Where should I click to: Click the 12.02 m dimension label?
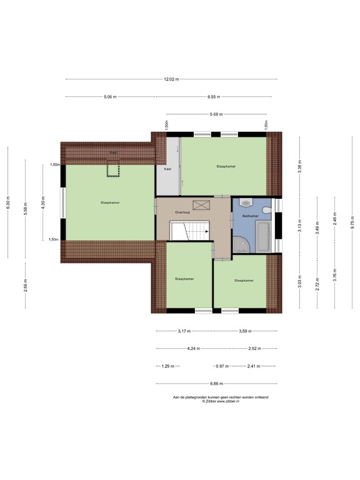tap(171, 79)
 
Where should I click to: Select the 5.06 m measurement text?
tap(109, 97)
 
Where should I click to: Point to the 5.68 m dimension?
tap(217, 114)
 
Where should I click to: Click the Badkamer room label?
tap(251, 216)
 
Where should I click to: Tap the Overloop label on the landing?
tap(182, 212)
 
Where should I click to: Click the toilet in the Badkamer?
tap(246, 202)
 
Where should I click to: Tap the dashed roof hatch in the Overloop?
tap(202, 204)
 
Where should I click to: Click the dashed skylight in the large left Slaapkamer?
tap(112, 167)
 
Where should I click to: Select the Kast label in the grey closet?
tap(167, 169)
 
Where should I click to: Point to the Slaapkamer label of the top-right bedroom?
tap(226, 166)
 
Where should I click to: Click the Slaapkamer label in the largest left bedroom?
tap(110, 202)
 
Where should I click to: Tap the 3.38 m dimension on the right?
tap(299, 167)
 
